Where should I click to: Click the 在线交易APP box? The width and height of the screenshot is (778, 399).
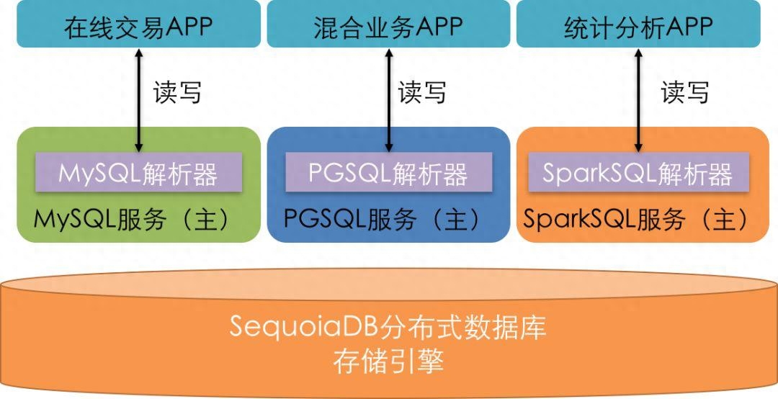(x=138, y=24)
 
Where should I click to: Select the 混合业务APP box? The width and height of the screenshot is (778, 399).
(x=388, y=24)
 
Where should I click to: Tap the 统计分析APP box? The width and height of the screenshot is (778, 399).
(x=638, y=24)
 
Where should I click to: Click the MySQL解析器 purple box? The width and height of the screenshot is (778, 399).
(x=138, y=173)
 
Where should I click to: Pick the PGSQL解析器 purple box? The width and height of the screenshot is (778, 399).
(x=388, y=173)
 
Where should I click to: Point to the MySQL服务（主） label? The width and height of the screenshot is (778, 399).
(x=133, y=219)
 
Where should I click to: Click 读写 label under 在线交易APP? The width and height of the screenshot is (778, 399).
(x=177, y=92)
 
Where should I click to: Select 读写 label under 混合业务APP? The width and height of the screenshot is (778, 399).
(x=422, y=92)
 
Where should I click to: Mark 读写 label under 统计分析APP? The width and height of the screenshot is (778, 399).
(x=685, y=92)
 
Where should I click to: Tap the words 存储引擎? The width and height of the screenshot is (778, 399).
(x=388, y=361)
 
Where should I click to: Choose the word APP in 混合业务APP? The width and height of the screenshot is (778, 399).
(x=439, y=27)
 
